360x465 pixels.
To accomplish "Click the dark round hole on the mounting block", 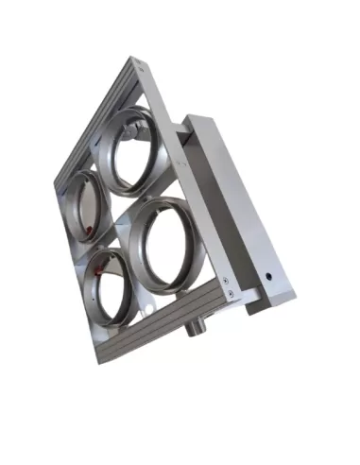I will (x=268, y=280).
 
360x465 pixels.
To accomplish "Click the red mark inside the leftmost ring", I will (x=86, y=230).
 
